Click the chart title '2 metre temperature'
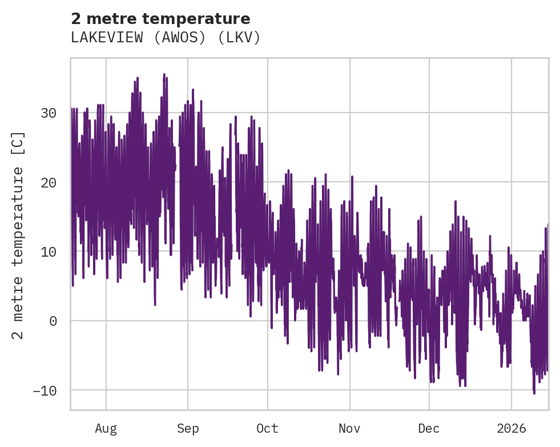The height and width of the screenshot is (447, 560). (160, 19)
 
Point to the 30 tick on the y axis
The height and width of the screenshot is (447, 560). (49, 113)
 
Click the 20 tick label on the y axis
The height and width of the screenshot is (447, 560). (49, 182)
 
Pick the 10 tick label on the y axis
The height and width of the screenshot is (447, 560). (49, 252)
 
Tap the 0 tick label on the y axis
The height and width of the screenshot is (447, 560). (53, 321)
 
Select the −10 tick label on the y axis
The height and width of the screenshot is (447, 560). (45, 390)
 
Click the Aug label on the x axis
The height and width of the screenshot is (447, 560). (106, 428)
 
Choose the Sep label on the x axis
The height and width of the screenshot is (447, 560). (188, 428)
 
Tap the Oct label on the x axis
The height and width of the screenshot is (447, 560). (267, 428)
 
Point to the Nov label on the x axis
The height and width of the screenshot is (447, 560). (349, 428)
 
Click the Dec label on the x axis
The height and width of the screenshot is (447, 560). (429, 428)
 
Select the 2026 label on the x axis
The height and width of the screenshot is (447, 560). (511, 428)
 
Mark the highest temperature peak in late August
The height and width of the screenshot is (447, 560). (164, 74)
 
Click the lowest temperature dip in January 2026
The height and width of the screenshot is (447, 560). (534, 393)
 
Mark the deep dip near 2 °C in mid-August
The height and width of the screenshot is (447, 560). (155, 304)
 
